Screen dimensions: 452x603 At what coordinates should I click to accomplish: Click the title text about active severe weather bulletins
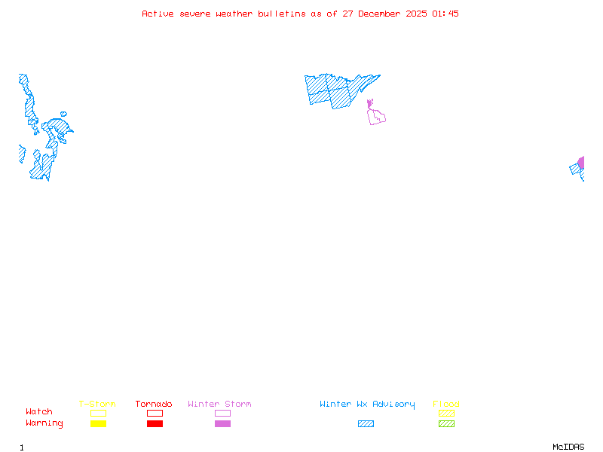[x=300, y=14]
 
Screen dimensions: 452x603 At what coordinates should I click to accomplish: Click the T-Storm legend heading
[x=97, y=404]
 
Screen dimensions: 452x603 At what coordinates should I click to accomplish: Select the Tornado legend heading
[x=154, y=404]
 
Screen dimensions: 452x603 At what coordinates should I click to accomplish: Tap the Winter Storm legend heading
[x=219, y=404]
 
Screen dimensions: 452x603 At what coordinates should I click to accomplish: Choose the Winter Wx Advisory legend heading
[x=367, y=404]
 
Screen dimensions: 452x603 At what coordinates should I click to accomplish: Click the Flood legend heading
[x=446, y=404]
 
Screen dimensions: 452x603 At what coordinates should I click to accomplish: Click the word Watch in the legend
[x=39, y=412]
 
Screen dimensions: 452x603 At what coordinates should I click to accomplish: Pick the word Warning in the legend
[x=44, y=423]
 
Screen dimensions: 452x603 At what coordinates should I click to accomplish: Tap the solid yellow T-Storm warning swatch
[x=98, y=424]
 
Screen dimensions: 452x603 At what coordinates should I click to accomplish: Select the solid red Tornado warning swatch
[x=155, y=424]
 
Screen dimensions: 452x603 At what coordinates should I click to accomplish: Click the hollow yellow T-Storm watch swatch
[x=98, y=413]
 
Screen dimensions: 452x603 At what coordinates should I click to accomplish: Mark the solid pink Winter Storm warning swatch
[x=222, y=424]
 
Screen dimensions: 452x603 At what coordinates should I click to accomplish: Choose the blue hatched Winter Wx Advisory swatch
[x=366, y=424]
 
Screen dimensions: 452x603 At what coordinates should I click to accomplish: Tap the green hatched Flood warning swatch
[x=446, y=424]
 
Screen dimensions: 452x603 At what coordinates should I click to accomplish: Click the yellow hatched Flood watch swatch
[x=446, y=413]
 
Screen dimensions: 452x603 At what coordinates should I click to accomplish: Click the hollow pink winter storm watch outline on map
[x=377, y=116]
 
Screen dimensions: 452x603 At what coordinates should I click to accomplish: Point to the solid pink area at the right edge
[x=581, y=163]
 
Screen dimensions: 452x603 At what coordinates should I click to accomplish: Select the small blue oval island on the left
[x=63, y=115]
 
